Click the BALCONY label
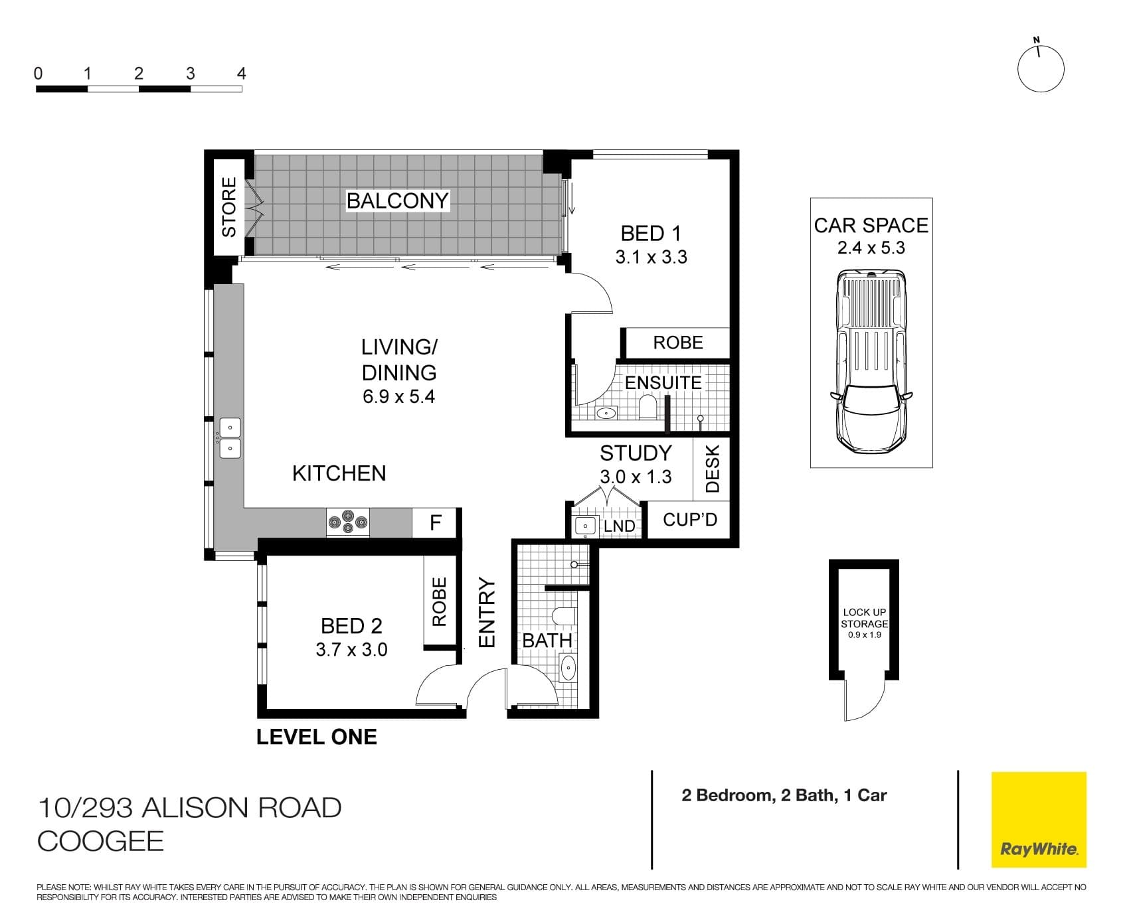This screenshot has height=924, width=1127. [x=397, y=200]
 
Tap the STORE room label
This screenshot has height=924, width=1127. [x=229, y=206]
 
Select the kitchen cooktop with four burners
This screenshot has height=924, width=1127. [x=347, y=522]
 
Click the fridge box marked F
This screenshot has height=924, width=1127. [x=436, y=523]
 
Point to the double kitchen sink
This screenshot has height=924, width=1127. [x=230, y=437]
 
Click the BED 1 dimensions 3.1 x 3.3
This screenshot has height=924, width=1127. [x=651, y=258]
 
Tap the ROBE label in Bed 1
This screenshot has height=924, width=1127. [x=677, y=343]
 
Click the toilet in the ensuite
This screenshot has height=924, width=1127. [x=647, y=407]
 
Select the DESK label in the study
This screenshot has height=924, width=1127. [x=712, y=468]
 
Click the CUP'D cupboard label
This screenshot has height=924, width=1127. [x=690, y=519]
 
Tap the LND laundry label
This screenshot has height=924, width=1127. [x=619, y=526]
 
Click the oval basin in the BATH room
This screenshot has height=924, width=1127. [x=568, y=667]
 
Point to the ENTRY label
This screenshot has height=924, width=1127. [x=487, y=612]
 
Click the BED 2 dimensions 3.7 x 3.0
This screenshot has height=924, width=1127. [x=351, y=649]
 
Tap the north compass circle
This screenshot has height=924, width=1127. [x=1041, y=69]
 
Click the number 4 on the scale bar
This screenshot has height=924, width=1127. [x=241, y=74]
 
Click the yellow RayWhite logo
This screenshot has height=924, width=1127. [x=1039, y=819]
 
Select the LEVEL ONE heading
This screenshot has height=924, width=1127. [x=317, y=737]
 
